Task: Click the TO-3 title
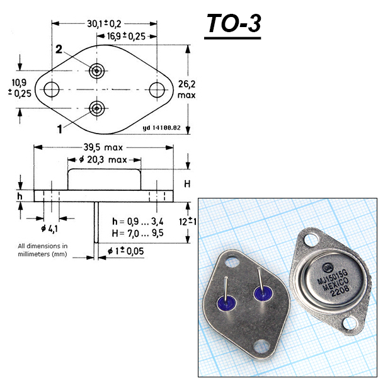pyautogui.click(x=234, y=23)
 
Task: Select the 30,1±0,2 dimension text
pyautogui.click(x=104, y=24)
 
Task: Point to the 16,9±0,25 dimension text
pyautogui.click(x=126, y=37)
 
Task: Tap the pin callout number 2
pyautogui.click(x=59, y=50)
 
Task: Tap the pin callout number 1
pyautogui.click(x=60, y=129)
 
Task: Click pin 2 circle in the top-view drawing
pyautogui.click(x=96, y=71)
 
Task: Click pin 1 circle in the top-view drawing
pyautogui.click(x=96, y=109)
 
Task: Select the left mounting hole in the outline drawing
pyautogui.click(x=52, y=89)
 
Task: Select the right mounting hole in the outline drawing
pyautogui.click(x=157, y=90)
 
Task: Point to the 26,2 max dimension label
pyautogui.click(x=186, y=89)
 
